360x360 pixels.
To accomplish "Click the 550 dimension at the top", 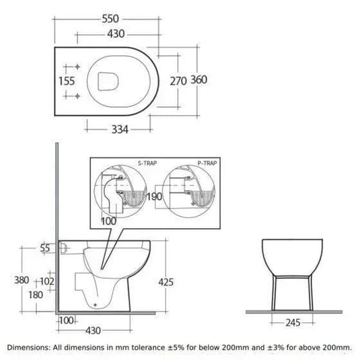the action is [x=110, y=19].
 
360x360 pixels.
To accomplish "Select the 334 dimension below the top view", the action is [x=120, y=129].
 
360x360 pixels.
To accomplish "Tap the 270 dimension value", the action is [x=178, y=81].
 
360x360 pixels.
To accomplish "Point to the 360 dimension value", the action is [x=199, y=79].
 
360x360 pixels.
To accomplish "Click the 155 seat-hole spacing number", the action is [x=67, y=81].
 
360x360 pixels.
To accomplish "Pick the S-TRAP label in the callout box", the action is [x=147, y=164].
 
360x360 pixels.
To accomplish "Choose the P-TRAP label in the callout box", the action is [x=207, y=164].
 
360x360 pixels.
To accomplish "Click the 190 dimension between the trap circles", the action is [x=154, y=196].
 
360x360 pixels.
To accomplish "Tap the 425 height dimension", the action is [x=166, y=282].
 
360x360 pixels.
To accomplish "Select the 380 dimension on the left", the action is [x=22, y=280].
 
